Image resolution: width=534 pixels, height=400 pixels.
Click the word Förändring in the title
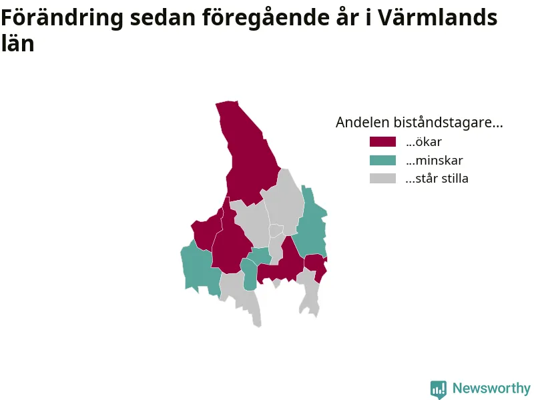coord(62,18)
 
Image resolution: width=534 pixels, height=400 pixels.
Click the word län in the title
coord(18,43)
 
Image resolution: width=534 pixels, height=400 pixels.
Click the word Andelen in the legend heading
coord(362,122)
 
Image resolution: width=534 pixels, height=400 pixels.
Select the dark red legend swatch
coord(382,141)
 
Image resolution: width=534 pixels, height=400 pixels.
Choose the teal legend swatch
coord(382,160)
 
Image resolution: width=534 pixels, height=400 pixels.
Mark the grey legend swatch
coord(382,178)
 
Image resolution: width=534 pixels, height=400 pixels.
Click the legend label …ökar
coord(424,141)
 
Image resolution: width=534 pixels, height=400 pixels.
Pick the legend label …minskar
coord(435,160)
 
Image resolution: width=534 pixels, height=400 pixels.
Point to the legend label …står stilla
coord(437,178)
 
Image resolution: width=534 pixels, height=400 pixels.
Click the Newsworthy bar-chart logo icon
coord(439,389)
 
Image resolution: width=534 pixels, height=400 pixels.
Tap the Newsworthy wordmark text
coord(491,388)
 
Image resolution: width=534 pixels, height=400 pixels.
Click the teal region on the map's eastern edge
coord(312,225)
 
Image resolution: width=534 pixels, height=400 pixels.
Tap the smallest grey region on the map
coord(276,231)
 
